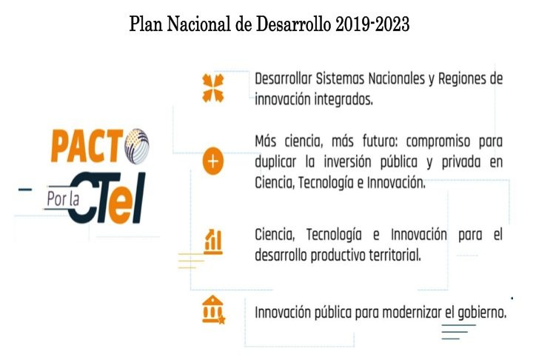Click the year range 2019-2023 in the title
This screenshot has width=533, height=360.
tap(372, 24)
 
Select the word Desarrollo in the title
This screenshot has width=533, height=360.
tap(293, 24)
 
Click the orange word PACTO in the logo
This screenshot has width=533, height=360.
tap(100, 146)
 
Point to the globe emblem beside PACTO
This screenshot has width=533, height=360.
tap(137, 146)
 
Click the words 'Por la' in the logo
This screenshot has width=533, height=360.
tap(63, 199)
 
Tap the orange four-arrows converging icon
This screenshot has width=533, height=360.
tap(213, 88)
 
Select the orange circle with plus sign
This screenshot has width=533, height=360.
tap(213, 161)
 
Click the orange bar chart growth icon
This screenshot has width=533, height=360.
tap(213, 241)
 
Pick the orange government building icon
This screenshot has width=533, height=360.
tap(213, 310)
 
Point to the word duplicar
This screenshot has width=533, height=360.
tap(275, 162)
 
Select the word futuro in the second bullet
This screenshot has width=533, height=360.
tap(379, 141)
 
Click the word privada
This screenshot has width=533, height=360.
tap(461, 162)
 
